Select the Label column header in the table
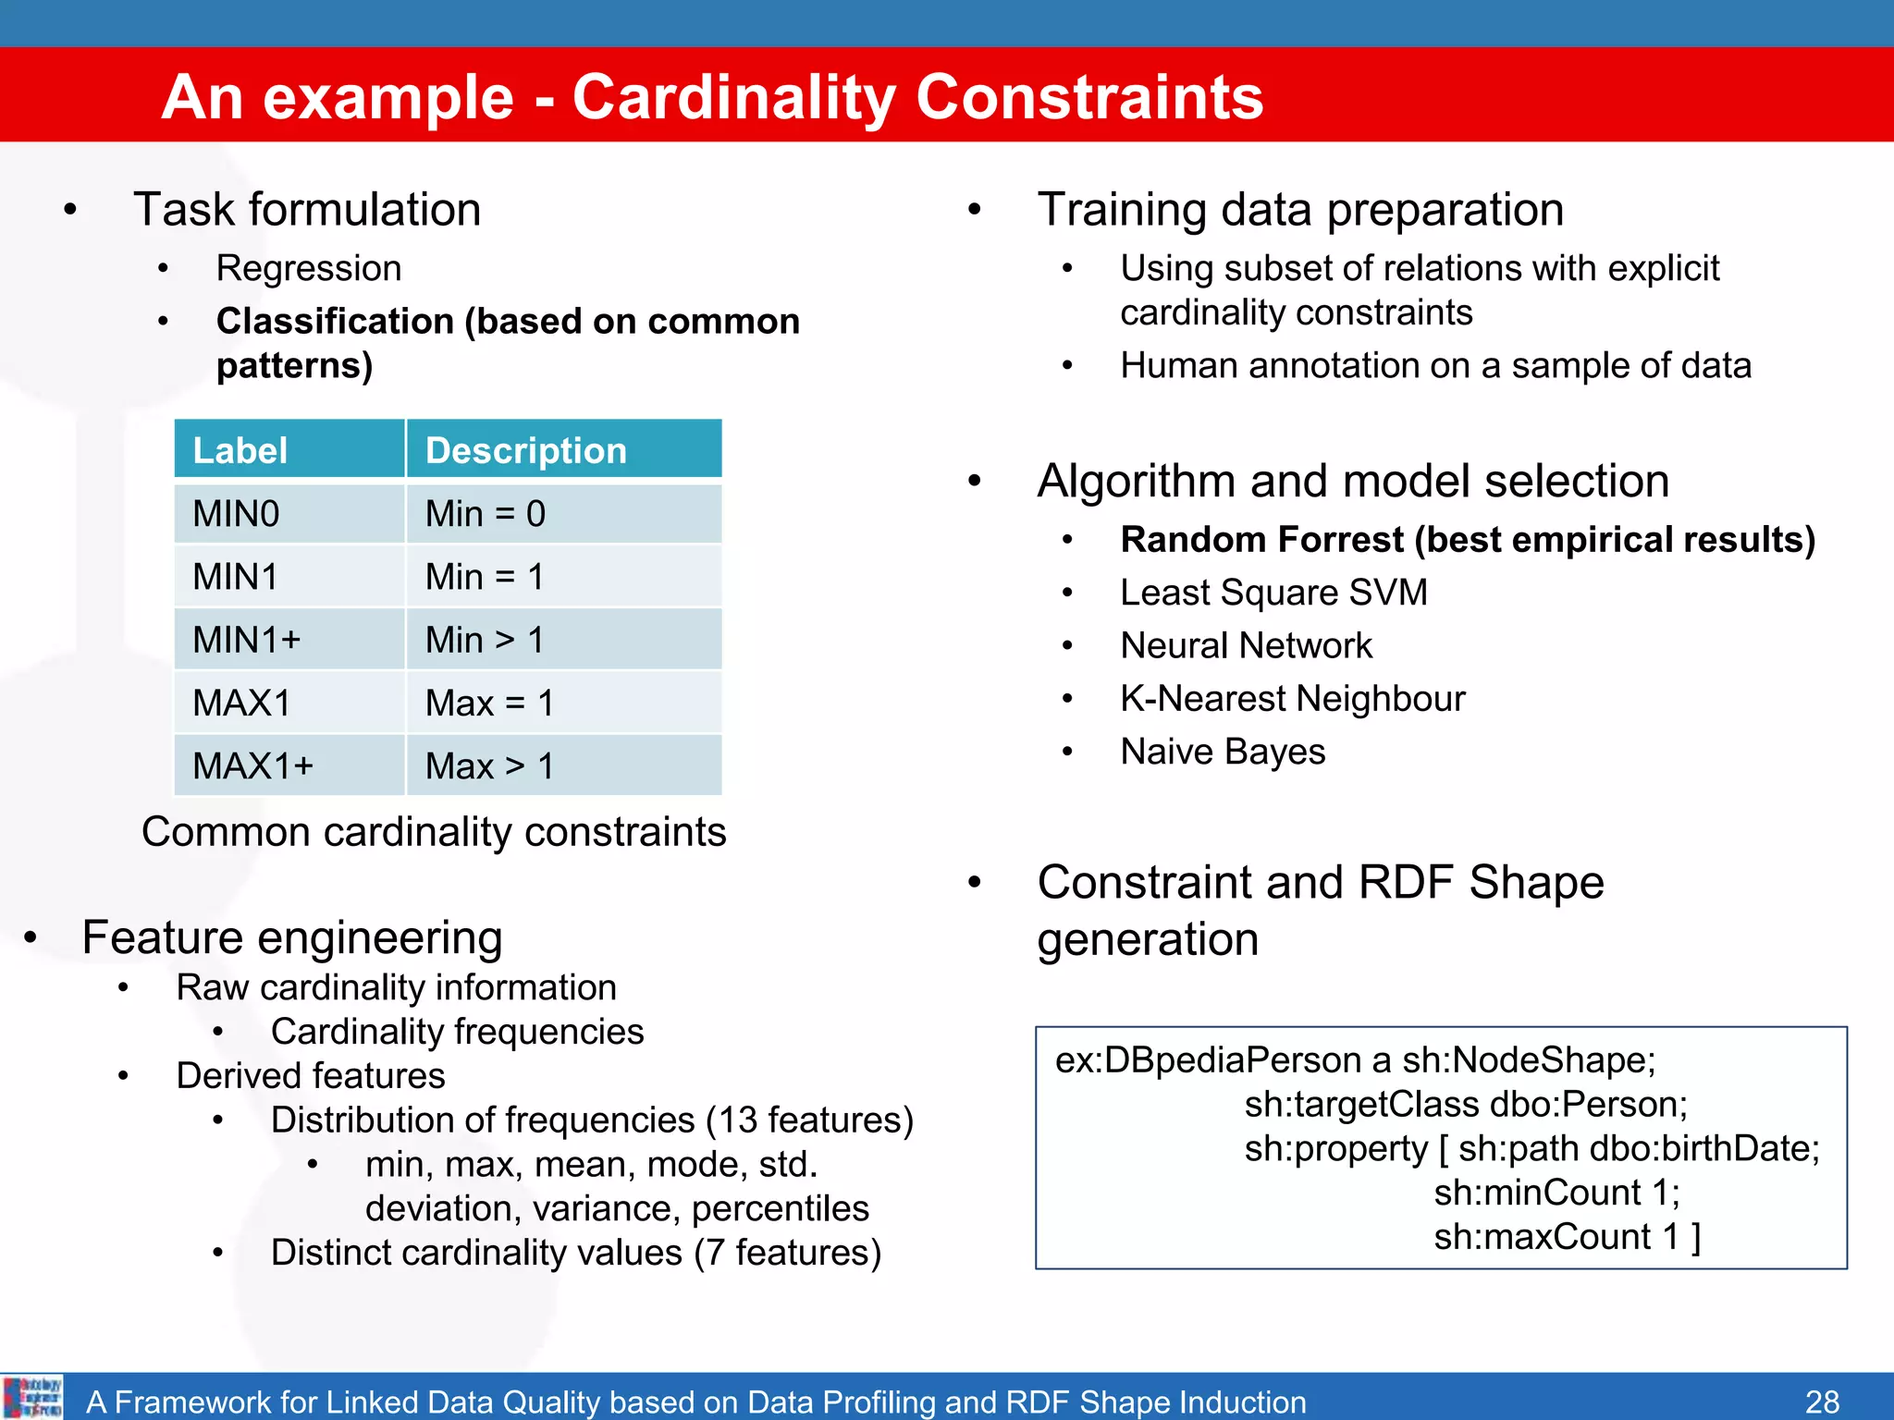pos(240,451)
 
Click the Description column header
pos(525,451)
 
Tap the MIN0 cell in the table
pos(236,514)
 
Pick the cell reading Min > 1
pos(485,640)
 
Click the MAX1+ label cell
pos(252,766)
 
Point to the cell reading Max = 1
pos(489,704)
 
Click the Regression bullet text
pos(308,268)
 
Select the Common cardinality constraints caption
pos(434,832)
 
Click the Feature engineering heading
pos(292,937)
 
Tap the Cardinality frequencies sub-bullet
pos(457,1032)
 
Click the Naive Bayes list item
pos(1222,752)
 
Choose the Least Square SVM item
pos(1273,593)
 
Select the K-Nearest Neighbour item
pos(1292,699)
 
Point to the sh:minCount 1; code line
pos(1556,1193)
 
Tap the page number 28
pos(1822,1402)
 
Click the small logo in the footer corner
pos(32,1397)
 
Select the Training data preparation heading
pos(1299,210)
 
